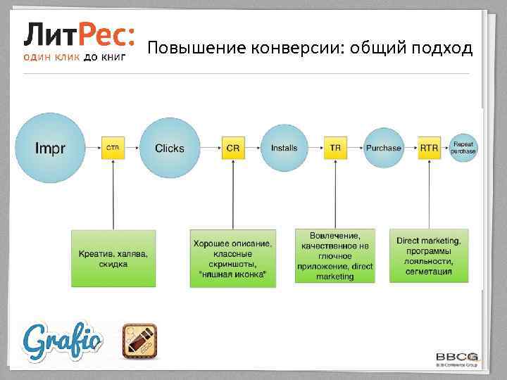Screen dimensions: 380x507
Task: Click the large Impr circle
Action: (50, 148)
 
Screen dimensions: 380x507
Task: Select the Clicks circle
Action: (170, 148)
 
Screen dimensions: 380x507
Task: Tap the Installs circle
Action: (284, 148)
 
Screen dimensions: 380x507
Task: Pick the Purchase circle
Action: (383, 148)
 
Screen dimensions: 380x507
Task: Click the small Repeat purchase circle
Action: (463, 148)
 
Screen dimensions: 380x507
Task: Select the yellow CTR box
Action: (112, 148)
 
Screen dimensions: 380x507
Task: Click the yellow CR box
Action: (232, 148)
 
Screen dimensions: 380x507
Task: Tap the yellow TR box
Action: (335, 148)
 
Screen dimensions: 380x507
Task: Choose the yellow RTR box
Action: (428, 148)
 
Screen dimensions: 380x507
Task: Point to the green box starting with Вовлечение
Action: (334, 256)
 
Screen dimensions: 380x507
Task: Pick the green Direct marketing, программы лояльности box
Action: (428, 256)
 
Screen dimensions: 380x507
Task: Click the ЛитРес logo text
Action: (79, 33)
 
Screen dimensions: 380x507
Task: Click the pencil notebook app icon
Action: (140, 341)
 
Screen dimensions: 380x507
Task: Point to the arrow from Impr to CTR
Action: (92, 148)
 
